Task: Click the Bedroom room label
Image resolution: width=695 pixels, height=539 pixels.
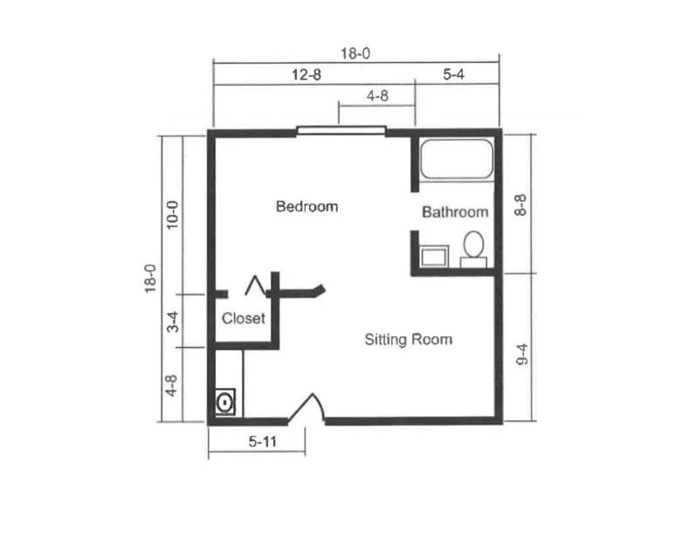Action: click(x=306, y=206)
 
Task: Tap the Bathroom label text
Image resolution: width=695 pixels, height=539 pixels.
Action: click(x=455, y=212)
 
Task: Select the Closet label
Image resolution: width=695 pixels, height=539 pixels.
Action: click(x=244, y=318)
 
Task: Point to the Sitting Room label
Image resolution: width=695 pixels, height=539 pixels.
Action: click(x=409, y=339)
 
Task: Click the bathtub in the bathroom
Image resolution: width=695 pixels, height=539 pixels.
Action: click(x=457, y=159)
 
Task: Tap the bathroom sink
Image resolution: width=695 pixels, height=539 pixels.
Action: click(x=434, y=257)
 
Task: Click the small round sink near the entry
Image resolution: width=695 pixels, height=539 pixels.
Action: click(x=225, y=403)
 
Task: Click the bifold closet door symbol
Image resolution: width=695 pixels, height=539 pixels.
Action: click(x=255, y=286)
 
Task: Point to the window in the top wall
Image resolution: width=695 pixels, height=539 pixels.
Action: click(x=341, y=130)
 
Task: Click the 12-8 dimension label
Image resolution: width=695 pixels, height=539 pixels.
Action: click(x=306, y=74)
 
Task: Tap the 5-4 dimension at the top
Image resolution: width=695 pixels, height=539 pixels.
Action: click(x=454, y=74)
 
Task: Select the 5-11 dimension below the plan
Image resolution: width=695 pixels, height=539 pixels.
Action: click(x=263, y=441)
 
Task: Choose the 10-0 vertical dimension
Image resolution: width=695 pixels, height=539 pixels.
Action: click(x=172, y=215)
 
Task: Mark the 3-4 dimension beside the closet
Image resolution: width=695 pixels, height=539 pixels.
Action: click(x=173, y=322)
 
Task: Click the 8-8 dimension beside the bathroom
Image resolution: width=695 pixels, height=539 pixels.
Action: click(x=520, y=205)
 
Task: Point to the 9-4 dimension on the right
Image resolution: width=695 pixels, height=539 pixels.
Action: click(x=523, y=354)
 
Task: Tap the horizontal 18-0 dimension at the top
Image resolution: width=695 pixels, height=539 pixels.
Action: click(x=355, y=53)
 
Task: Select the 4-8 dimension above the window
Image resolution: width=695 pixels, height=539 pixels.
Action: click(x=378, y=96)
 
